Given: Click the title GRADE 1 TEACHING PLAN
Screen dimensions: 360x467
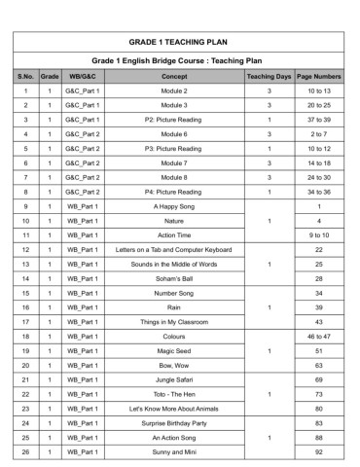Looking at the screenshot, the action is click(178, 43).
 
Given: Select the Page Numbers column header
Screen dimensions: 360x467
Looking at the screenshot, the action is click(318, 75).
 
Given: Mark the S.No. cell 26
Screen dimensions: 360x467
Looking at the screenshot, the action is click(24, 452).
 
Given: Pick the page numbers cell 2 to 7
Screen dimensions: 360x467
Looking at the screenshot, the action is click(318, 133).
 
